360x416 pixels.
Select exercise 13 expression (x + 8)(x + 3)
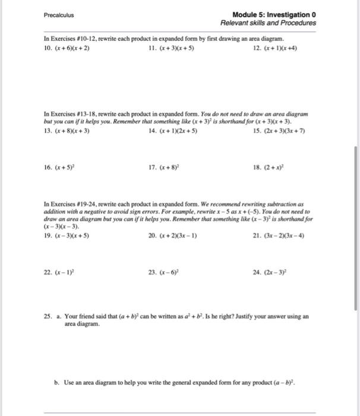click(x=72, y=132)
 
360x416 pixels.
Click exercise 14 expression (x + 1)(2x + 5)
click(x=177, y=132)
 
